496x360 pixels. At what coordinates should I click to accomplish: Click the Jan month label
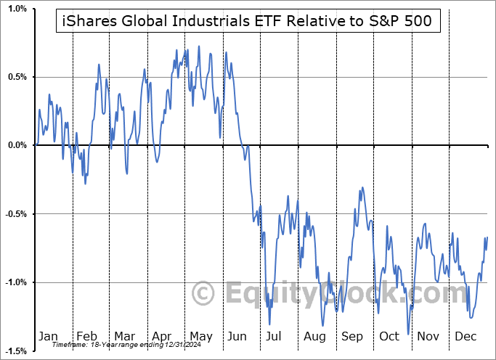pyautogui.click(x=47, y=336)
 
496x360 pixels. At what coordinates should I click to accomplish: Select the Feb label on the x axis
pyautogui.click(x=86, y=336)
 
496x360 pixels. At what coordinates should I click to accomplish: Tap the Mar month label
pyautogui.click(x=124, y=336)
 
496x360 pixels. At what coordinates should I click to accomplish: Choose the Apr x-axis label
pyautogui.click(x=161, y=336)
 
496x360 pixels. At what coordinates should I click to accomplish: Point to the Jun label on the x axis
pyautogui.click(x=237, y=336)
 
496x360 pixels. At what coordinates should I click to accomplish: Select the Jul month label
pyautogui.click(x=275, y=336)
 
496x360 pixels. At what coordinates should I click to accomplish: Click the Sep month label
pyautogui.click(x=351, y=336)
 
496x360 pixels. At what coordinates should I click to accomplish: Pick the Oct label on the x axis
pyautogui.click(x=389, y=336)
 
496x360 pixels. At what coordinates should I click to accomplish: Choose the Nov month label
pyautogui.click(x=428, y=336)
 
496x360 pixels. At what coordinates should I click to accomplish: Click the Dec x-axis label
pyautogui.click(x=465, y=336)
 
